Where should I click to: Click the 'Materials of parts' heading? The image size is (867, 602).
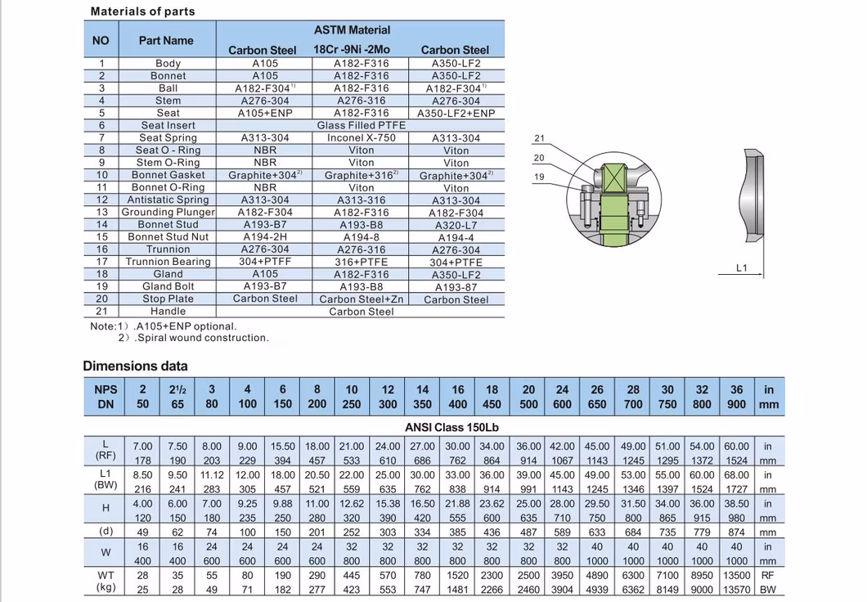click(x=142, y=11)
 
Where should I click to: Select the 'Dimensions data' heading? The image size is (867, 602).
click(x=135, y=366)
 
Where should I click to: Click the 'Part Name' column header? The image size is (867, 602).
click(x=166, y=40)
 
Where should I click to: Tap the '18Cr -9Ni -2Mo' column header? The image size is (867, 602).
click(x=352, y=50)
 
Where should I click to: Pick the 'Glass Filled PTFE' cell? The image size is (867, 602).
click(x=361, y=125)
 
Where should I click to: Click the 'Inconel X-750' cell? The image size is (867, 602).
click(x=361, y=137)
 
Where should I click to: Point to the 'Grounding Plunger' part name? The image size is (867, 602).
click(x=168, y=212)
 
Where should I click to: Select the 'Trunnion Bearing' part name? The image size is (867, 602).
click(x=168, y=262)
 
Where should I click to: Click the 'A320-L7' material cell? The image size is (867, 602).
click(x=456, y=225)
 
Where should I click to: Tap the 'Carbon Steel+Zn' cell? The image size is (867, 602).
click(x=361, y=299)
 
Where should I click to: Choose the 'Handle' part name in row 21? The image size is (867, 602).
click(x=168, y=312)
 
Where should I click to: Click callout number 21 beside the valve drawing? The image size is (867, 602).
click(x=539, y=138)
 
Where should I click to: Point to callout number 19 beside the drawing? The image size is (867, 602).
click(x=539, y=177)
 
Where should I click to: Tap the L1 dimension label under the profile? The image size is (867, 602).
click(x=742, y=267)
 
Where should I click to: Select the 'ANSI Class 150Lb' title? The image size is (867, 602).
click(x=451, y=427)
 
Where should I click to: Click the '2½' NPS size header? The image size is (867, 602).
click(x=177, y=390)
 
